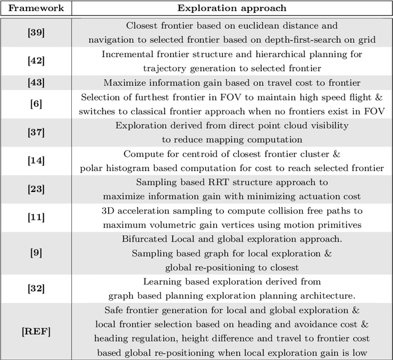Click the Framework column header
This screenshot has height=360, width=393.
click(36, 9)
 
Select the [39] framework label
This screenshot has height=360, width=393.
click(36, 32)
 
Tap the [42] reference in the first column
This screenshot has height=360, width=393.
click(36, 61)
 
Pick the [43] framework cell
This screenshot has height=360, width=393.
click(36, 82)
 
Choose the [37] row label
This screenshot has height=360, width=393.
click(36, 131)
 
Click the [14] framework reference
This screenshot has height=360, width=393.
click(36, 160)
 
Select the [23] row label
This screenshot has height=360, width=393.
click(36, 188)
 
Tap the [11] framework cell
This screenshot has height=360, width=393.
click(36, 217)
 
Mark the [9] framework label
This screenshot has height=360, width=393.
click(36, 253)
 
